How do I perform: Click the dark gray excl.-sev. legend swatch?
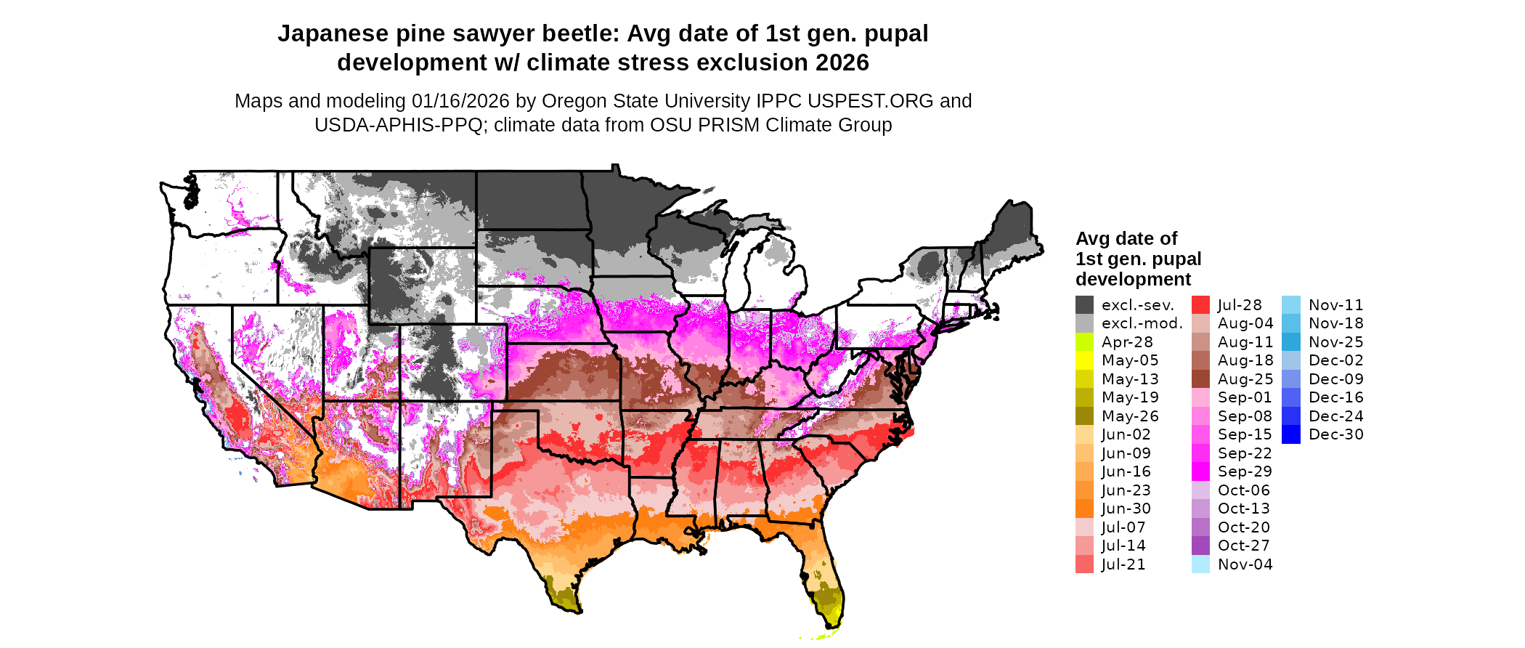(1084, 305)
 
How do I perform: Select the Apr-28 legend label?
(1127, 342)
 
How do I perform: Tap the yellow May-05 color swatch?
(1084, 360)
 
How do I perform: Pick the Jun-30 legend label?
(1126, 509)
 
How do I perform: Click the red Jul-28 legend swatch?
(1200, 305)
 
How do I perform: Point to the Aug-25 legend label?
(1245, 379)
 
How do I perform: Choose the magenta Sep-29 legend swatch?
(1200, 471)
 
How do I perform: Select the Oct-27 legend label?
(1243, 546)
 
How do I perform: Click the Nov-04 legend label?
(1245, 564)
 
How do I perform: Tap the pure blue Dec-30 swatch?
(1290, 434)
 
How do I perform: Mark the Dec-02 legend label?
(1335, 360)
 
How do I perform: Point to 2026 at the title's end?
(842, 63)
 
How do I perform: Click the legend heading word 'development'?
(1133, 279)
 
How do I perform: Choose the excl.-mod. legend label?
(1142, 323)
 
